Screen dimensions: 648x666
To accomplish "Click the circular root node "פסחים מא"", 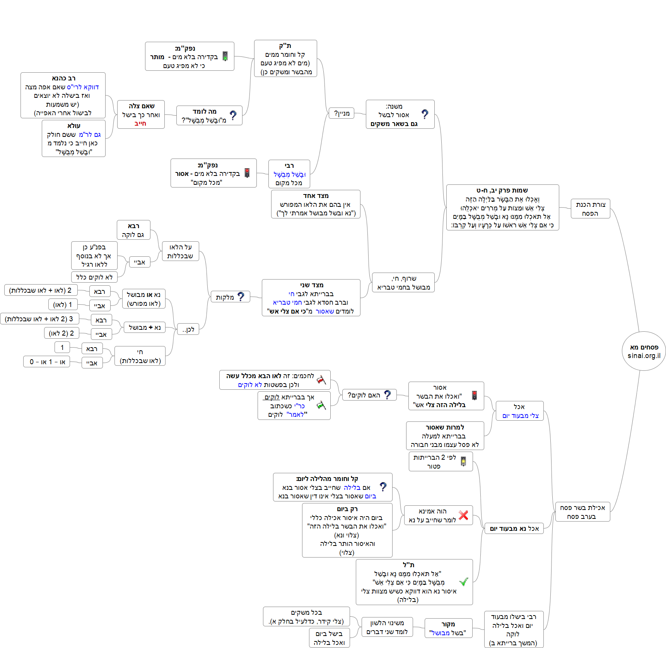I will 644,351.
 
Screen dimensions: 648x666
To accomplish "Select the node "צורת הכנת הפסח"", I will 590,209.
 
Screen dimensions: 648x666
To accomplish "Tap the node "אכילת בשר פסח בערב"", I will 582,512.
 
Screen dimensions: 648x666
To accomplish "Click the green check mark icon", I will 463,581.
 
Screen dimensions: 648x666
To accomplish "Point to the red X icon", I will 463,515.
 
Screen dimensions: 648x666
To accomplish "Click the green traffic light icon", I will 225,56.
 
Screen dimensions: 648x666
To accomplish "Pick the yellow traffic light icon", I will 463,461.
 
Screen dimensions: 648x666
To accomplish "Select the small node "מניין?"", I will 342,113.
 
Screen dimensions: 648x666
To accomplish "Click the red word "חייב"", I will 140,124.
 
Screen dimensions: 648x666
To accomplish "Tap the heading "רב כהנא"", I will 64,78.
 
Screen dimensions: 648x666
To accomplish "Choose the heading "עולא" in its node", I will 73,126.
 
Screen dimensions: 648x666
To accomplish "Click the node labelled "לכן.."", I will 188,329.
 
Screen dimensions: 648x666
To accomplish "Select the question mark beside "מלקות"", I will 241,297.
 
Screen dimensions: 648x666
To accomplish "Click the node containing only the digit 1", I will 62,347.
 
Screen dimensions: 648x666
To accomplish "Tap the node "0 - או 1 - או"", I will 47,362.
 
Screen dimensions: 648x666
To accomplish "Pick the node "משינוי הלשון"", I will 387,627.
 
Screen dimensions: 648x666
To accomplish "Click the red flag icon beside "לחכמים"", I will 321,380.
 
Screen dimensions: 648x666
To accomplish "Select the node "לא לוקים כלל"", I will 94,277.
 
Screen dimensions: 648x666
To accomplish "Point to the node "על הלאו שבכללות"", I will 180,251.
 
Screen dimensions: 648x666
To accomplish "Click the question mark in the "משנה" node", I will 425,114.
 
